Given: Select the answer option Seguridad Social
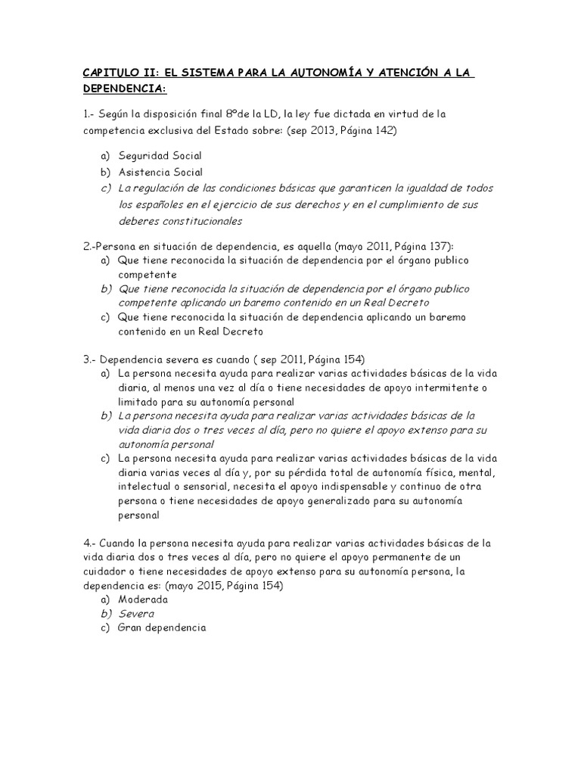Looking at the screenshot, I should tap(160, 155).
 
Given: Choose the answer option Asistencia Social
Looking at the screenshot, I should tap(160, 172).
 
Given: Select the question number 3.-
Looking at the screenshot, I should tap(89, 358).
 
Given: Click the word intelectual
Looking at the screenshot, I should tap(142, 486).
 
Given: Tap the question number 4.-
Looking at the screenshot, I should tap(89, 543).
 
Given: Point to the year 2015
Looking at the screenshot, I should tap(200, 586).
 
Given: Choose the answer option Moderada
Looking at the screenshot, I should tap(143, 599).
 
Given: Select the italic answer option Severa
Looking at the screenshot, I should tap(136, 613).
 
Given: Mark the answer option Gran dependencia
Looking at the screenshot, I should tap(161, 627).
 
